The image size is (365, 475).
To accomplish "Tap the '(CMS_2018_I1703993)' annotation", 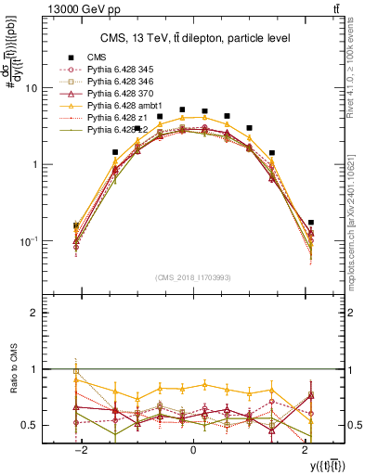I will point(192,276).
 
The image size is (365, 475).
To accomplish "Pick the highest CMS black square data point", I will point(182,109).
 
